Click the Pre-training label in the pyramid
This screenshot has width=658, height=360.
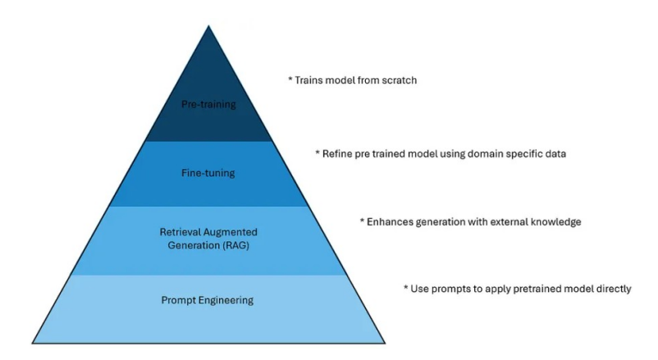(x=208, y=104)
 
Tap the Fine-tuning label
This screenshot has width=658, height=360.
(x=208, y=173)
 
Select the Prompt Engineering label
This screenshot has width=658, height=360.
(x=208, y=300)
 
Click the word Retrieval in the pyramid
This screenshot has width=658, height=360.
(x=180, y=232)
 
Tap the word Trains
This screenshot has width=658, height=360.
(x=308, y=80)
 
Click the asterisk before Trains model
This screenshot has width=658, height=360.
(x=290, y=79)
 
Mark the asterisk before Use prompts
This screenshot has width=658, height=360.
(x=406, y=288)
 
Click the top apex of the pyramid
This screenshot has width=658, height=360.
(x=208, y=26)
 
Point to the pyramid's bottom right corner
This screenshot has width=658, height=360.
(x=385, y=344)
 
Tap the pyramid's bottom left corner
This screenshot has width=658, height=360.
(x=32, y=344)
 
